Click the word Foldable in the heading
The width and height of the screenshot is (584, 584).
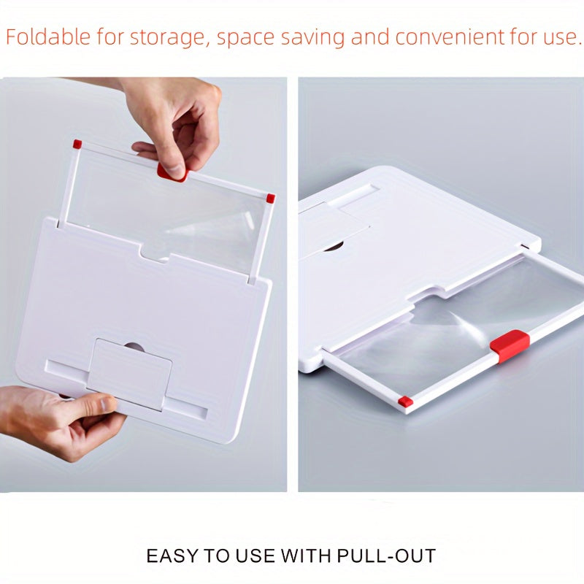tap(48, 37)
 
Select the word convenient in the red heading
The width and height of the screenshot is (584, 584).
tap(449, 37)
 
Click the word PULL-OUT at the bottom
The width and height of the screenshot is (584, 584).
tap(386, 556)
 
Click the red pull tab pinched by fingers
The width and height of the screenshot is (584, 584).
tap(170, 174)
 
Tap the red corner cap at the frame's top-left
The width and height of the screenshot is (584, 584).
tap(77, 144)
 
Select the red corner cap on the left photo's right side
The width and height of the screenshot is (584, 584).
tap(271, 199)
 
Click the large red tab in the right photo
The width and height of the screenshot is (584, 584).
tap(509, 345)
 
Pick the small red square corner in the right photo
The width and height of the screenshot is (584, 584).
tap(405, 401)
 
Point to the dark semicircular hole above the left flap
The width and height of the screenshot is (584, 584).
tap(134, 346)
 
